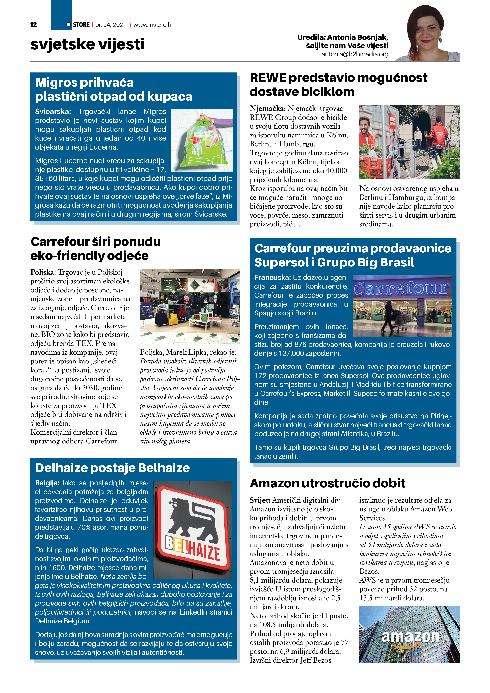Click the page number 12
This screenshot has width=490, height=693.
coord(34,25)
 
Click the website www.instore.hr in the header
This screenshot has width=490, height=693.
coord(153,25)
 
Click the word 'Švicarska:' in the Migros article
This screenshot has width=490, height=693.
coord(53,112)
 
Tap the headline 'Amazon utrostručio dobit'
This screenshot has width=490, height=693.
coord(327,483)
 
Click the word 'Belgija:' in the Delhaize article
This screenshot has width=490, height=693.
coord(47,483)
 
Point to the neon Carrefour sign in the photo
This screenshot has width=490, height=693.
coord(402,289)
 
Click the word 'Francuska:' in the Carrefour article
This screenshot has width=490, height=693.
coord(272,277)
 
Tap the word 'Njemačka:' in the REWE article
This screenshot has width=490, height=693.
coord(267,109)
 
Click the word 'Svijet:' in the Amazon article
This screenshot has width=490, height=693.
coord(260,500)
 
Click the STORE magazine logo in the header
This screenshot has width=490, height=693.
coord(78,25)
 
